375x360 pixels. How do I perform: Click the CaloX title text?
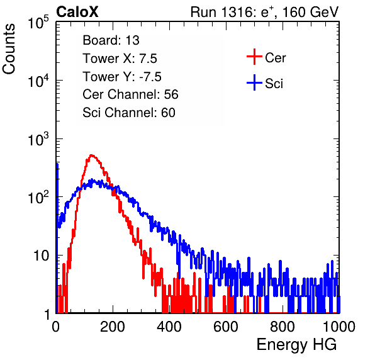77,12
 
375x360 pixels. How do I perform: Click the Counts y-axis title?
9,49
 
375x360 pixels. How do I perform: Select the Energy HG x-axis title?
296,345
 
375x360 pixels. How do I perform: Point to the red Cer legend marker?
254,57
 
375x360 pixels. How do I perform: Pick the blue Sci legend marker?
254,82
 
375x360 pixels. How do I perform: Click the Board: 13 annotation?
111,40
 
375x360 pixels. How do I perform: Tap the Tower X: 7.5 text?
120,59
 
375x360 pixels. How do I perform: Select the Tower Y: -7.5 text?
122,77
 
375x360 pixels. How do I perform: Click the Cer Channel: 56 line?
130,94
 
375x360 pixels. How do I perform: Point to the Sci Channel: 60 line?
129,113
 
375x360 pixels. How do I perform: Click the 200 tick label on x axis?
113,327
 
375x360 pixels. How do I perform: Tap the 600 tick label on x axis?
226,327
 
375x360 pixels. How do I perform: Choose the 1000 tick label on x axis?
339,327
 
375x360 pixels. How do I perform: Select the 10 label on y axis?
41,256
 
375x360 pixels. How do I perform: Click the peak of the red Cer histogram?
91,155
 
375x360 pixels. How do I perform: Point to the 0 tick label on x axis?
56,327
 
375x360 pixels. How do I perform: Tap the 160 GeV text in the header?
310,12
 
